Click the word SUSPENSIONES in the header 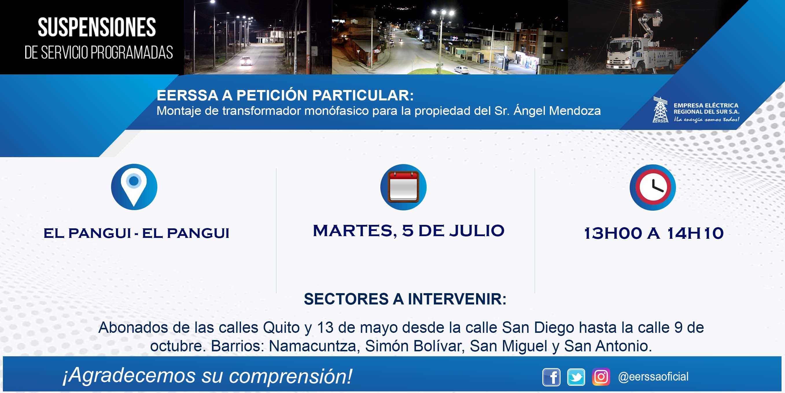(97, 27)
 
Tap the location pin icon (134, 187)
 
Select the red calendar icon (403, 187)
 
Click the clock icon (653, 187)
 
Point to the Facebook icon (551, 377)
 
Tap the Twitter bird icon (576, 377)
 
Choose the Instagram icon (601, 377)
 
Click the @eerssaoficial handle (653, 377)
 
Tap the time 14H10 (695, 233)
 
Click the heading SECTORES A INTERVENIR (405, 299)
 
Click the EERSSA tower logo (660, 110)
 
